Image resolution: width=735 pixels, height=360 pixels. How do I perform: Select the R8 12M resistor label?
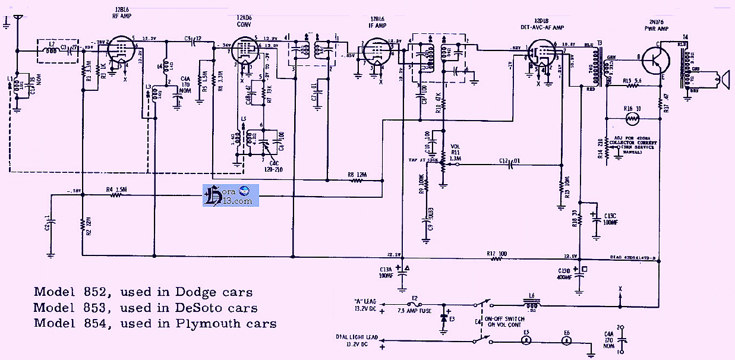pos(358,175)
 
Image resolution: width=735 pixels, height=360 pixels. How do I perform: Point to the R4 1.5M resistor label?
pos(118,190)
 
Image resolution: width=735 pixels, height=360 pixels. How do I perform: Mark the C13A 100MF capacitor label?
pos(385,273)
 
